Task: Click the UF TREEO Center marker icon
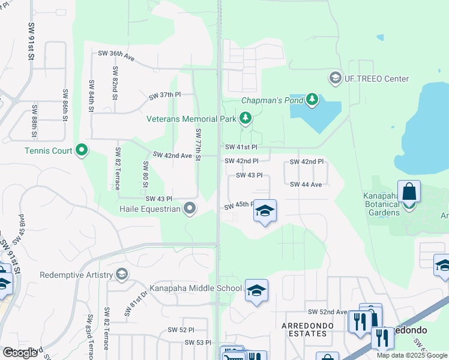335,79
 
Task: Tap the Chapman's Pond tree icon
312,99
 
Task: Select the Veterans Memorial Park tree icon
245,119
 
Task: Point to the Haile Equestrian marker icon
190,209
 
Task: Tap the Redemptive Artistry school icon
122,275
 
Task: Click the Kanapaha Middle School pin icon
256,290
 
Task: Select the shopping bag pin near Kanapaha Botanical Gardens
409,193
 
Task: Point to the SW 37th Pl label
164,95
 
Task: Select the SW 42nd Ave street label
172,155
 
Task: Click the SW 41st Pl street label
241,147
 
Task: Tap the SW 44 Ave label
306,184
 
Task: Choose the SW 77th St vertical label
197,144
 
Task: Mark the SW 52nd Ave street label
328,312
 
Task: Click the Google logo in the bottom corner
20,352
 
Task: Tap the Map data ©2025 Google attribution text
412,355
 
